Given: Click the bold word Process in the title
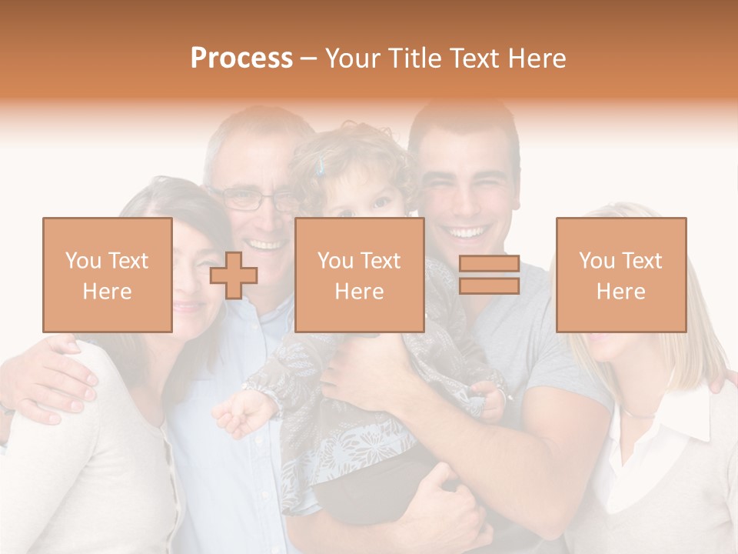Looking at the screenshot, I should (241, 58).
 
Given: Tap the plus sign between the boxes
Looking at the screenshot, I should (234, 275).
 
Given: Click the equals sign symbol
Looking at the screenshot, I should (489, 275).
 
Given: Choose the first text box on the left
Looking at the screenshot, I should (107, 275).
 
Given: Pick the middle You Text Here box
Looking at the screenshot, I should (359, 275).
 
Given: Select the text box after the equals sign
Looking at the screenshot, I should (620, 275).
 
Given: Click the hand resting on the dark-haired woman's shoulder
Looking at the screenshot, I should (54, 377).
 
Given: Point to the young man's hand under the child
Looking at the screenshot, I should (446, 492).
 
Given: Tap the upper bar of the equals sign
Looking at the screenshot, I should (489, 264).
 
